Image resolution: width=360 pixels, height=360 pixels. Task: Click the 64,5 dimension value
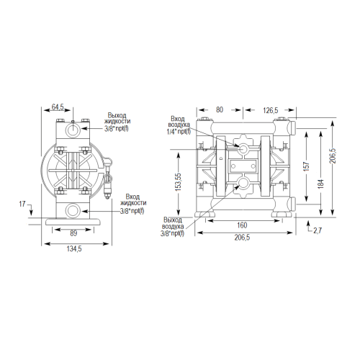tap(58, 107)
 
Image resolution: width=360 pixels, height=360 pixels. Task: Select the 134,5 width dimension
tap(74, 249)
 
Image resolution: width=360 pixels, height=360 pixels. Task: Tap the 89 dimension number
tap(73, 233)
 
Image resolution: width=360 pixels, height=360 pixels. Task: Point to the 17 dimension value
tap(22, 204)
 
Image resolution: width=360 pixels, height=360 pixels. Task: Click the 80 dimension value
tap(220, 109)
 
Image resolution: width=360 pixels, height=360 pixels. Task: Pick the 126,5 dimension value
tap(271, 110)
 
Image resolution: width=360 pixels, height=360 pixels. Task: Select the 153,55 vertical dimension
tap(178, 182)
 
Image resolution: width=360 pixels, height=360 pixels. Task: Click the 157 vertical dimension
tap(307, 166)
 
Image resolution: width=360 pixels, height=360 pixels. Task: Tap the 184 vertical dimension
tap(321, 184)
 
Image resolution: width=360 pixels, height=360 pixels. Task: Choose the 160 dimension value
tap(242, 225)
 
